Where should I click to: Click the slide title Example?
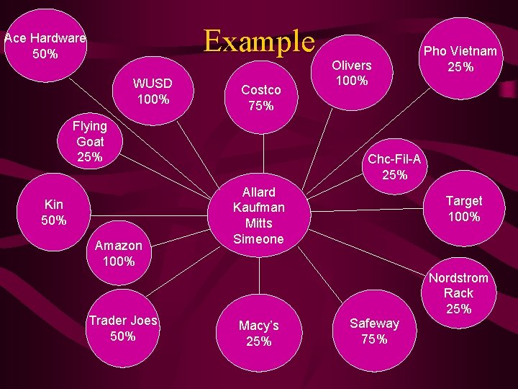[259, 41]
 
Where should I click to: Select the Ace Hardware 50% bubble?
[45, 45]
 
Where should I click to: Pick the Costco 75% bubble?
[260, 97]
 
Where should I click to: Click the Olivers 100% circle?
[351, 73]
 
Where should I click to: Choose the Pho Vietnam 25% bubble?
[460, 58]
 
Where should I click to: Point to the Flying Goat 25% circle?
[89, 141]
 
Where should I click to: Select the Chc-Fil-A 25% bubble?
[394, 166]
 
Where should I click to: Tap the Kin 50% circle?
[54, 212]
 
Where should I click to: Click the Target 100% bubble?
[463, 208]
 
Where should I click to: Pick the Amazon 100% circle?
[119, 253]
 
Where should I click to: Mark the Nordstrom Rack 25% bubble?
[458, 293]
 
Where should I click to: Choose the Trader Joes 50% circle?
[122, 328]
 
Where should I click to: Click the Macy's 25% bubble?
[259, 334]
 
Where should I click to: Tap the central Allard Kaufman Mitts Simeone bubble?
[259, 215]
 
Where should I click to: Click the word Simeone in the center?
[259, 239]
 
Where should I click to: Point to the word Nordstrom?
[458, 278]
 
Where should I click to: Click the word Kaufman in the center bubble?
[259, 207]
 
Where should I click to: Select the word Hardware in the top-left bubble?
[59, 38]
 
